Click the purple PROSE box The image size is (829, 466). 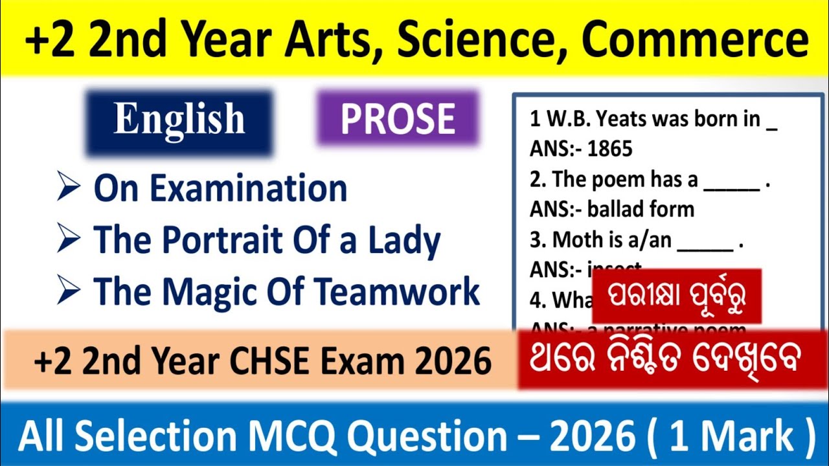(398, 118)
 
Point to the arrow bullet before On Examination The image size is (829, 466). (68, 188)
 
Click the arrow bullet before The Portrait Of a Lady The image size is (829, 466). (68, 240)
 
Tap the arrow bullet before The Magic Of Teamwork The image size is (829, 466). (68, 291)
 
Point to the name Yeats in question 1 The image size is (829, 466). (624, 120)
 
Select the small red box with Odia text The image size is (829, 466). (676, 296)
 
